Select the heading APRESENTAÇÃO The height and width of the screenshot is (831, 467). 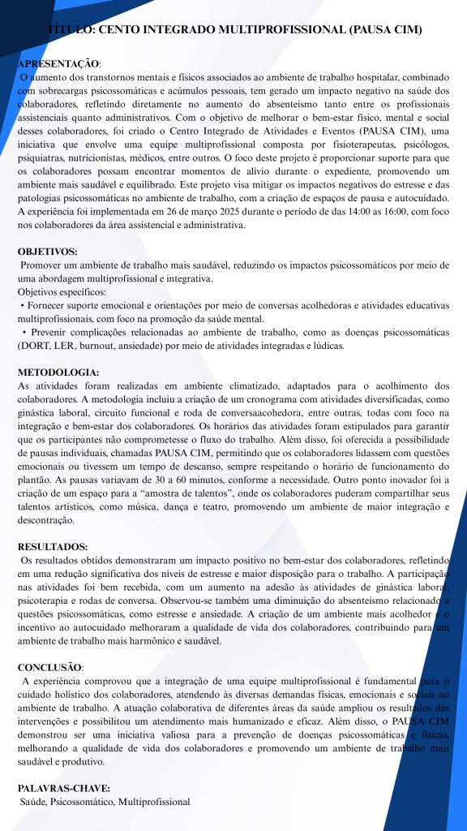pyautogui.click(x=59, y=63)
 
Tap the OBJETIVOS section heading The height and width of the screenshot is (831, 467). pyautogui.click(x=47, y=252)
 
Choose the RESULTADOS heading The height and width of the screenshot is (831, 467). pyautogui.click(x=52, y=547)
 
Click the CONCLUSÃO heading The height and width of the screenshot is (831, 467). pyautogui.click(x=49, y=667)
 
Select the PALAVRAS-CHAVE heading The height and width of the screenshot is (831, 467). pyautogui.click(x=63, y=788)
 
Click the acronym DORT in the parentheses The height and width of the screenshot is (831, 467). pyautogui.click(x=36, y=346)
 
